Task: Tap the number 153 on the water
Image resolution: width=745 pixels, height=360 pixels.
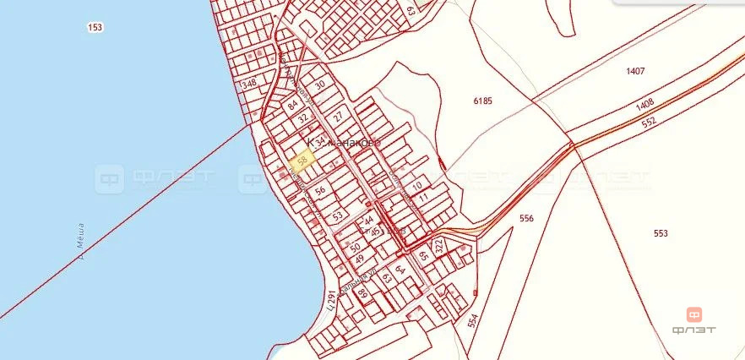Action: tap(95, 28)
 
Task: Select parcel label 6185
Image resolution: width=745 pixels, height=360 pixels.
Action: tap(482, 101)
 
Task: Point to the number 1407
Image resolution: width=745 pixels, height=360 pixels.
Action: tap(635, 71)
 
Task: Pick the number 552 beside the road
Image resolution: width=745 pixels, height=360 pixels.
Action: tap(649, 122)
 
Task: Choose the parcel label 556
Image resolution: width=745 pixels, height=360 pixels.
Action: tap(526, 218)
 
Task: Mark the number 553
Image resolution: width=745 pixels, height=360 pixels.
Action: tap(661, 232)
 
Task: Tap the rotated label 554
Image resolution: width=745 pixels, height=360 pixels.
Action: tap(471, 321)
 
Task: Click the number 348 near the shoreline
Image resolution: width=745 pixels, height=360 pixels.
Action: tap(248, 85)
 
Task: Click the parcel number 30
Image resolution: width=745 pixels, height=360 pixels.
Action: tap(319, 85)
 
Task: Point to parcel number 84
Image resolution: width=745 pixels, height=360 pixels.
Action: tap(293, 106)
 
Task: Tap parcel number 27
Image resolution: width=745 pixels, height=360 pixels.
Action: tap(337, 116)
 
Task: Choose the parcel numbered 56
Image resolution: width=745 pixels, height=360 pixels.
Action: tap(320, 191)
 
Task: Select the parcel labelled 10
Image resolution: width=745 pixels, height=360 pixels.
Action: tap(416, 185)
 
